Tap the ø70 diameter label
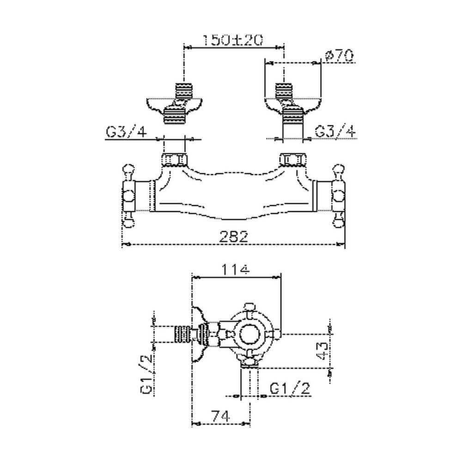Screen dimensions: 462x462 click(x=339, y=56)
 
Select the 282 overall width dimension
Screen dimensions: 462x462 click(x=234, y=237)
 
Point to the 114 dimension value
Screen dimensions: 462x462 click(x=235, y=270)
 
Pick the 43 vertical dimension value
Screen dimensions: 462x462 click(x=322, y=351)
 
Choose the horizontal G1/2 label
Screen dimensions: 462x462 click(x=290, y=389)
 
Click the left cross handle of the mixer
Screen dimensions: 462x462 click(x=129, y=196)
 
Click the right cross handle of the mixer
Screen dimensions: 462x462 click(x=338, y=196)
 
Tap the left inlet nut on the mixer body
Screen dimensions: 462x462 click(x=175, y=160)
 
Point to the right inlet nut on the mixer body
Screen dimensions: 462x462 click(x=292, y=160)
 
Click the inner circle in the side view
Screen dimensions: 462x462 click(x=250, y=334)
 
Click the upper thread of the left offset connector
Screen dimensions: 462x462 click(x=184, y=91)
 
